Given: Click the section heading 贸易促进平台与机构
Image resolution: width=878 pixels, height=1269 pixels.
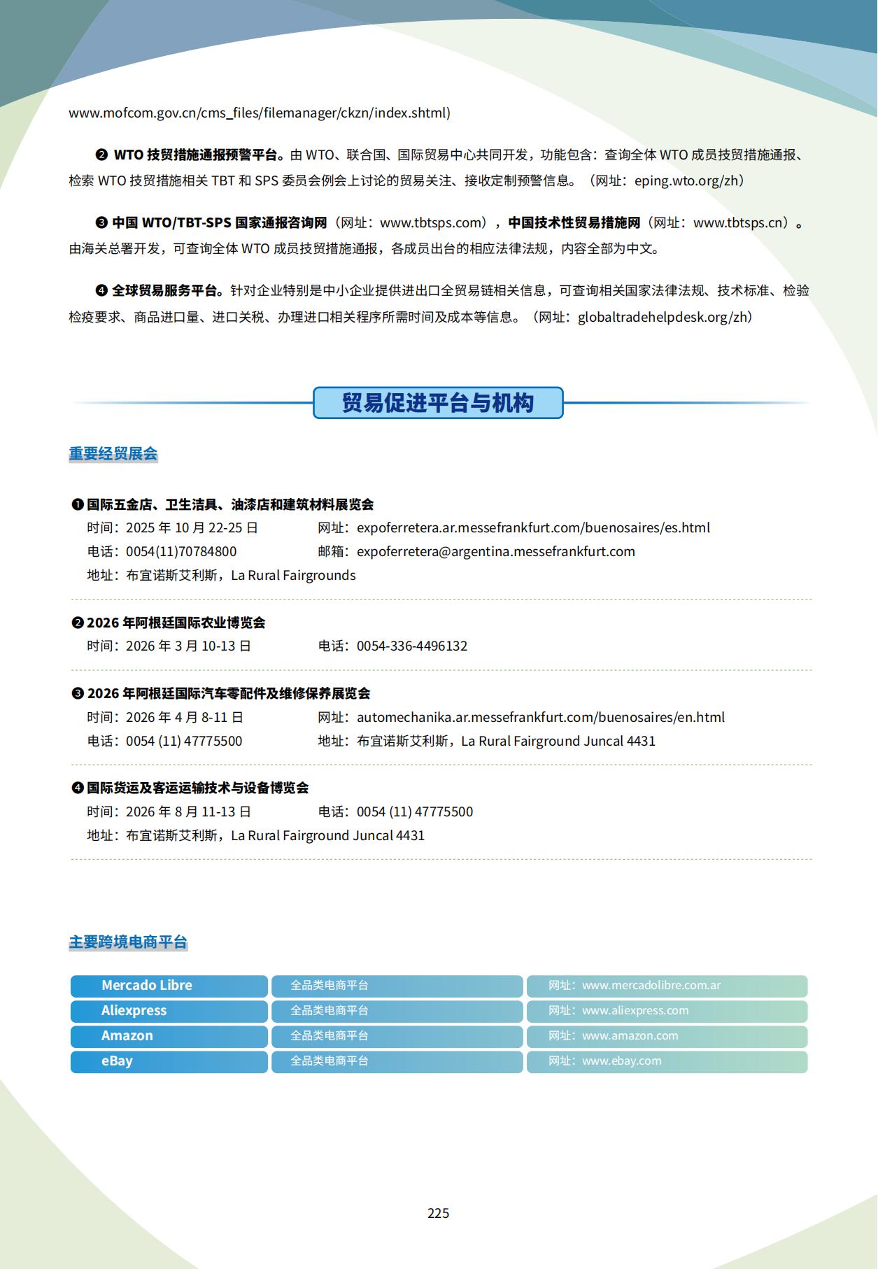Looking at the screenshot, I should (x=438, y=403).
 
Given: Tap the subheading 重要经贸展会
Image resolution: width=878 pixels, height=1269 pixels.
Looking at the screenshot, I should (x=113, y=454).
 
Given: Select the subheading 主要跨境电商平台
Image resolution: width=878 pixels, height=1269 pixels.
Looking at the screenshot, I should (x=128, y=942).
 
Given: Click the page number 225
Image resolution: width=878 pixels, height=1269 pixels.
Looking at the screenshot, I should (x=439, y=1213).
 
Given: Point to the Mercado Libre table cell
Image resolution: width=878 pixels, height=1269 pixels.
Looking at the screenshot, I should (x=169, y=986).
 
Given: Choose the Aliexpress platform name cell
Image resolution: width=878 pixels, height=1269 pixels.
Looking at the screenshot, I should (x=169, y=1011).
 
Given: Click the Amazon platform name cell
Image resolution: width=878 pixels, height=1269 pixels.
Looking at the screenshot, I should (x=169, y=1036).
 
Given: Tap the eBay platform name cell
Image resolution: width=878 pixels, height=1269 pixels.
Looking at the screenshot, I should (x=169, y=1061).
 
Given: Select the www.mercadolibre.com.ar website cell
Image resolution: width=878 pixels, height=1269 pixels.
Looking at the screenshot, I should (x=667, y=986).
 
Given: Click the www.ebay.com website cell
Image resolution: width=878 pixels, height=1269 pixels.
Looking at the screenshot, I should (x=667, y=1061).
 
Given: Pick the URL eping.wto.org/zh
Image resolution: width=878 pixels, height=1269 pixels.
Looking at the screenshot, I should (x=686, y=180).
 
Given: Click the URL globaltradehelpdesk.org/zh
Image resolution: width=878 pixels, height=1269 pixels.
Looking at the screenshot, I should (x=661, y=317).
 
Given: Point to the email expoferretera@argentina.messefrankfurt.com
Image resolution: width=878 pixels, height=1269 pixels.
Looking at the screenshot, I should (x=496, y=551).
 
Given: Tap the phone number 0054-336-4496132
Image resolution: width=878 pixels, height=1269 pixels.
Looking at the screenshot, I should (x=412, y=646).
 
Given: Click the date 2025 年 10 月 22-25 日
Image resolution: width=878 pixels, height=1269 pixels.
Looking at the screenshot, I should (x=192, y=527).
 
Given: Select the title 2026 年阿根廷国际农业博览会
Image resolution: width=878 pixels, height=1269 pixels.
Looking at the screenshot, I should (x=176, y=623).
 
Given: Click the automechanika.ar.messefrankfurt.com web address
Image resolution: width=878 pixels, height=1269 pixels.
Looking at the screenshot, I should (x=541, y=717).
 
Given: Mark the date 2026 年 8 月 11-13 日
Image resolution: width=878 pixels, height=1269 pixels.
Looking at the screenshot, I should (x=188, y=811).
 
